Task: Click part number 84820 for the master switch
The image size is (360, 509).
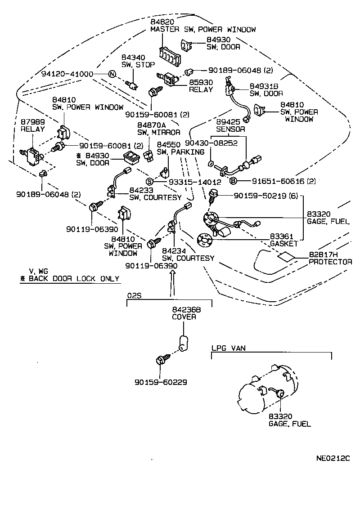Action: pos(162,22)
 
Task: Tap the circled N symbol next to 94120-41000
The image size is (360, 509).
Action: pos(112,74)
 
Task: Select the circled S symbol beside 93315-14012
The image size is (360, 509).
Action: pos(149,182)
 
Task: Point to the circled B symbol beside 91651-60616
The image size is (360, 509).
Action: pos(233,181)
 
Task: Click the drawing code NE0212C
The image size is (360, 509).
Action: pos(333,458)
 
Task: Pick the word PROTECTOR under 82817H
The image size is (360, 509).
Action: pos(330,262)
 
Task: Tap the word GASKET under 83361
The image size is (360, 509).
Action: pos(283,243)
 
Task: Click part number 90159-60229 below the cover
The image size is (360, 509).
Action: pos(161,382)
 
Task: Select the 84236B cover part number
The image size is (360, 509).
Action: pos(186,310)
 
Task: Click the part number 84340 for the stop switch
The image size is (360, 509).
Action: pos(133,58)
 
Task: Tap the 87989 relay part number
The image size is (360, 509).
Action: pos(33,122)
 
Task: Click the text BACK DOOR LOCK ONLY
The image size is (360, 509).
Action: pos(74,278)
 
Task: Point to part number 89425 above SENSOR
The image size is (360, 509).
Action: pos(228,122)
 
